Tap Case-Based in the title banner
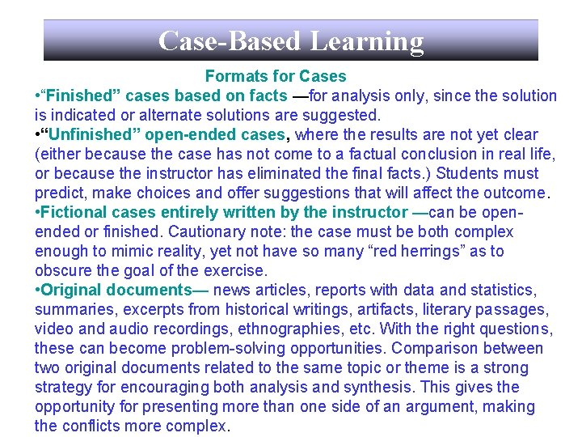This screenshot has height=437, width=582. [230, 40]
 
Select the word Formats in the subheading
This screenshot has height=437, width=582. [233, 76]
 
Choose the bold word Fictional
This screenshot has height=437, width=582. [74, 212]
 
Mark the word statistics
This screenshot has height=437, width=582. [504, 290]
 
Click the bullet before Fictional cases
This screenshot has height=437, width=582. [37, 212]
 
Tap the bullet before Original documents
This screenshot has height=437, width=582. [37, 290]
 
